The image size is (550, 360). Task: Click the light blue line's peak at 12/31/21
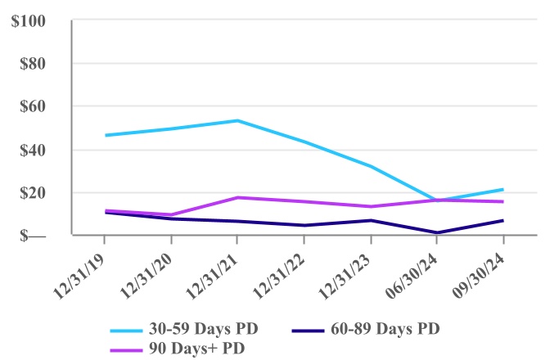[x=237, y=120]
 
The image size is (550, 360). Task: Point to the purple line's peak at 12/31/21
[x=237, y=197]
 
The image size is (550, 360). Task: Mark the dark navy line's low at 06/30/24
[x=436, y=232]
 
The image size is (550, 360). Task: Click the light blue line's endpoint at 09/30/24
[x=503, y=189]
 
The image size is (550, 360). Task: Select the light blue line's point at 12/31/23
[x=370, y=166]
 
